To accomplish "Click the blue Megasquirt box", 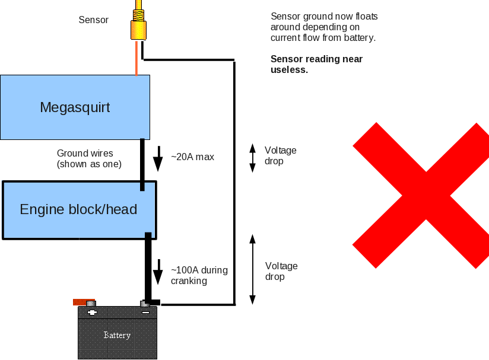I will coord(75,107).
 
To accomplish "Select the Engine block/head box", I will coord(78,209).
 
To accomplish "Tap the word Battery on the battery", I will coord(117,335).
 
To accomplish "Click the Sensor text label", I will coord(94,20).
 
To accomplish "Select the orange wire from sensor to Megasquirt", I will coord(136,58).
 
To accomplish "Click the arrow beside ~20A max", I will coord(158,158).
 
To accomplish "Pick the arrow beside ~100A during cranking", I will coord(158,272).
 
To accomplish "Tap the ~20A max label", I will coord(192,157).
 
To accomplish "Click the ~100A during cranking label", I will coord(199,275).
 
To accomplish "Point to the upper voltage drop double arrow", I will coord(252,158).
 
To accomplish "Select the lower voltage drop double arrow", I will coord(252,269).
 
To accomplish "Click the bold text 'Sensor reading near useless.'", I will coord(316,64).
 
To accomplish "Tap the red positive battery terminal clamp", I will coord(84,302).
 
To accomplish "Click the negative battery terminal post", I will coord(145,305).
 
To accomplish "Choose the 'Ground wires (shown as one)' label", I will coord(89,158).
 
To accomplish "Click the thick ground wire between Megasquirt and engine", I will coord(142,164).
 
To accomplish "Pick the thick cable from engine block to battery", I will coord(148,267).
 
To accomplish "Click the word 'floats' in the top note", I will coord(366,17).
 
